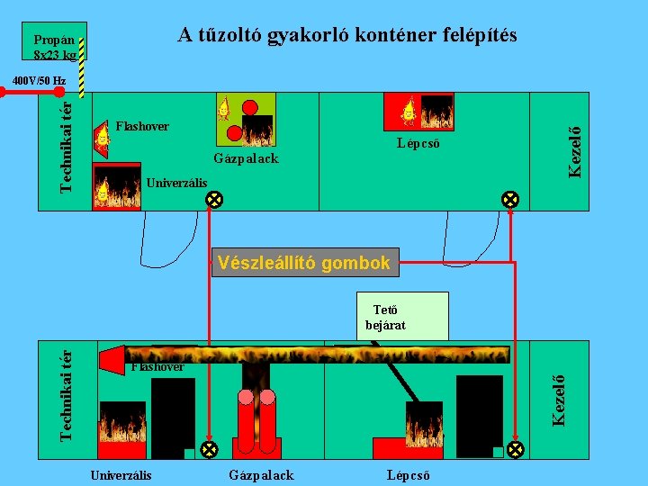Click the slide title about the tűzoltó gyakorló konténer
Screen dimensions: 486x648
point(346,35)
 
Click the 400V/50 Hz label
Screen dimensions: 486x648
point(39,81)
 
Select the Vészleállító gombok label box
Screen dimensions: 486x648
point(304,263)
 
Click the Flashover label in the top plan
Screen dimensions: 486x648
point(142,126)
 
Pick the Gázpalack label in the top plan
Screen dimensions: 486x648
point(246,158)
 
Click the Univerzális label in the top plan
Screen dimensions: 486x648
point(176,184)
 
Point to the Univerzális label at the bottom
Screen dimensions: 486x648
point(121,474)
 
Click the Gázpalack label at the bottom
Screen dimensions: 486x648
point(262,474)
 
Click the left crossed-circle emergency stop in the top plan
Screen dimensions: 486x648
point(215,199)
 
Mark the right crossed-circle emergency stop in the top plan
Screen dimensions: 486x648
point(509,199)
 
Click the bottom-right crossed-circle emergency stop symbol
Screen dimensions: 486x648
point(516,448)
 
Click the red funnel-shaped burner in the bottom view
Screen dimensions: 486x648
point(112,360)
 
